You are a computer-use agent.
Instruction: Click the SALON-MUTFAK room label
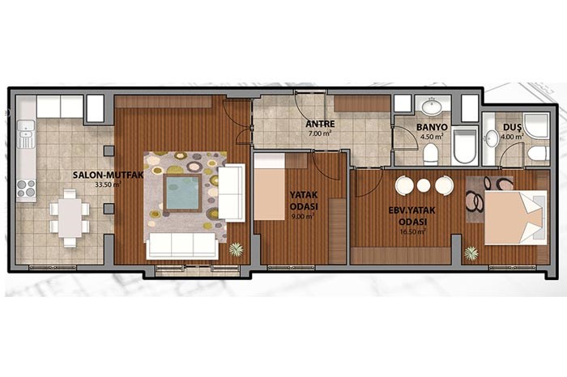click(x=108, y=176)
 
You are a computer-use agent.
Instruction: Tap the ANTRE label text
click(x=320, y=125)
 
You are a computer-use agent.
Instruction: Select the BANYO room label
click(x=432, y=128)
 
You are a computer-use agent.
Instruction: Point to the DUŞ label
click(x=512, y=128)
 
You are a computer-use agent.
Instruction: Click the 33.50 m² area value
click(x=108, y=184)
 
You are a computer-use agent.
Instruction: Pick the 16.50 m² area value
click(x=412, y=232)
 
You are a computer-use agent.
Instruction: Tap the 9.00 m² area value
click(x=303, y=217)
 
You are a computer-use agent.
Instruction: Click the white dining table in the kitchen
click(x=70, y=218)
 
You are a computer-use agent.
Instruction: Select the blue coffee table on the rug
click(x=182, y=193)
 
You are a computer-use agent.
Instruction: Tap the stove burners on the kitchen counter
click(x=26, y=188)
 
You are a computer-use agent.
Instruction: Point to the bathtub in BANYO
click(x=465, y=146)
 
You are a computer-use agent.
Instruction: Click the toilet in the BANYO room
click(x=430, y=154)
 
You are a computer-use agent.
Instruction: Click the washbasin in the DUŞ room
click(x=492, y=138)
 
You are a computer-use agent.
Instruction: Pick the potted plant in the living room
click(x=237, y=249)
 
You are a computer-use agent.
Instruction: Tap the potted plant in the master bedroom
click(x=471, y=253)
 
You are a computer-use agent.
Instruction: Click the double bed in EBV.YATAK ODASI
click(x=515, y=218)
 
